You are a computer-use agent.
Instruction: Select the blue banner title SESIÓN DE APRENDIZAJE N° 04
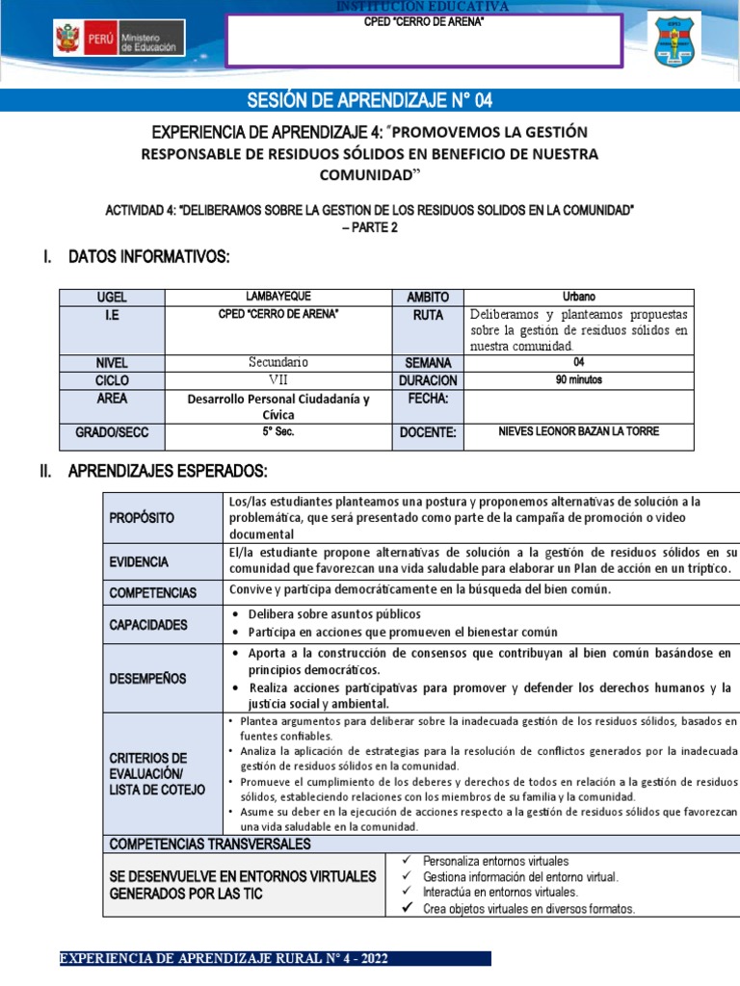[370, 100]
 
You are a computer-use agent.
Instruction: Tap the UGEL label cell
[112, 298]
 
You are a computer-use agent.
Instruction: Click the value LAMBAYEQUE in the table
[278, 297]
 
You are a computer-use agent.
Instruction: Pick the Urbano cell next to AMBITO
[579, 297]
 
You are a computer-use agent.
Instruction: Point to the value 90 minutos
[579, 380]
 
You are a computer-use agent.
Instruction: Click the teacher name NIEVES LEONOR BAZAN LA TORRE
[579, 431]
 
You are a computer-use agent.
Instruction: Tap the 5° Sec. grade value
[278, 431]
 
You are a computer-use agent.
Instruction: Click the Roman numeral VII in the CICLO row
[278, 380]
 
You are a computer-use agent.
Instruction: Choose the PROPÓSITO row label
[142, 518]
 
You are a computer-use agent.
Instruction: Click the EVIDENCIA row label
[139, 561]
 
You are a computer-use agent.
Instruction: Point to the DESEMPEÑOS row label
[147, 679]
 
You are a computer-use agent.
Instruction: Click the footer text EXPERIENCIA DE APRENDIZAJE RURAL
[225, 959]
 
